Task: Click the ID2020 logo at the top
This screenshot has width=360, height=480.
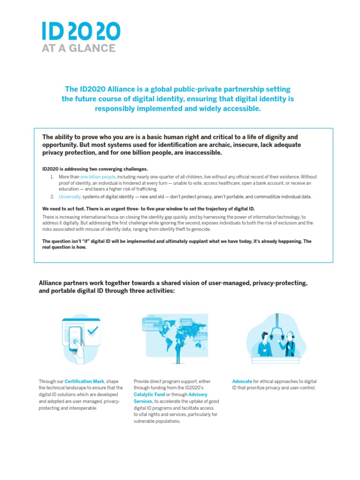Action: point(81,31)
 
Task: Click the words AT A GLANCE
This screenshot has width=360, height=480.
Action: point(79,48)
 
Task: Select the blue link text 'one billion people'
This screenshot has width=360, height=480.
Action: point(97,177)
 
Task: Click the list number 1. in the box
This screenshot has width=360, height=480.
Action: point(52,177)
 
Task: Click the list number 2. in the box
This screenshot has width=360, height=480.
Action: point(52,196)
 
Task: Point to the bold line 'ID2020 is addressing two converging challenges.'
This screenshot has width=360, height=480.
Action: point(95,169)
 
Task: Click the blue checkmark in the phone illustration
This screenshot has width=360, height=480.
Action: point(93,330)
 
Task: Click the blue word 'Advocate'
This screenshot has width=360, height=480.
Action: point(242,382)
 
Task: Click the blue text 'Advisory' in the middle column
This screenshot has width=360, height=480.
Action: point(197,395)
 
